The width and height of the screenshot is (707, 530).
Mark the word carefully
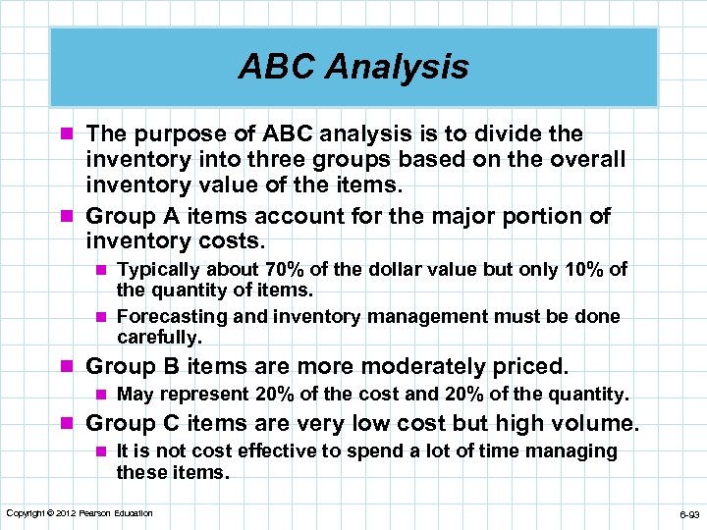(x=159, y=338)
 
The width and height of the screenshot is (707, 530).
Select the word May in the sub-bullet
(x=136, y=395)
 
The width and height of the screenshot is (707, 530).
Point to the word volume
(x=596, y=424)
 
